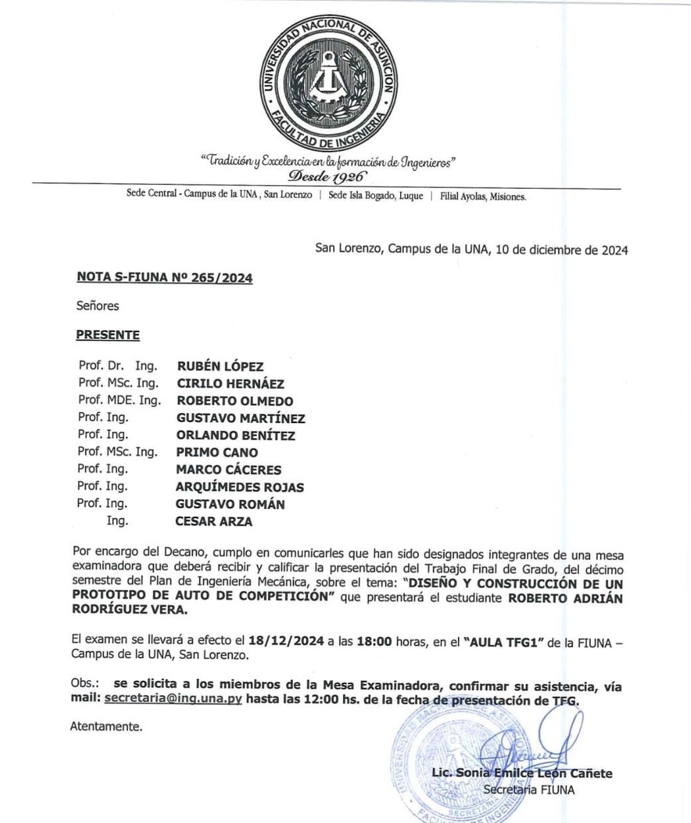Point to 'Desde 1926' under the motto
coord(327,174)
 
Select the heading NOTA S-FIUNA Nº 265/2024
coord(165,277)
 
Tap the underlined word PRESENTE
coord(108,335)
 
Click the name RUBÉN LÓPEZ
coord(220,367)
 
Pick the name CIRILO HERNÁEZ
coord(230,384)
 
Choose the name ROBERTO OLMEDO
coord(235,401)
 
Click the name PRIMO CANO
coord(217,452)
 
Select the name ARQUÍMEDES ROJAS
coord(239,487)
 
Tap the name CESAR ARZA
coord(214,521)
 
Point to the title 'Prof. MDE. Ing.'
coord(119,400)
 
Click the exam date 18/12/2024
coord(286,642)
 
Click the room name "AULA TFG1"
coord(506,642)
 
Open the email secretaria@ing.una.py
coord(173,699)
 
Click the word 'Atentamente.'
coord(106,727)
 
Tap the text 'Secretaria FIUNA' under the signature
coord(529,790)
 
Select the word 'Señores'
coord(98,306)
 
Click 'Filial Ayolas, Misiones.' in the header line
coord(483,196)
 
